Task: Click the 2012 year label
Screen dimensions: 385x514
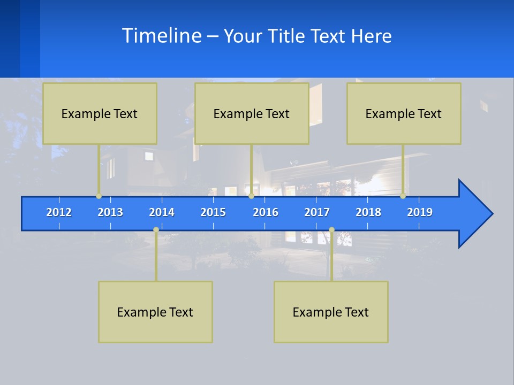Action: point(59,212)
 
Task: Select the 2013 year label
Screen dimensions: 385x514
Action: point(110,212)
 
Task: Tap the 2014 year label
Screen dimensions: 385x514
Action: point(162,212)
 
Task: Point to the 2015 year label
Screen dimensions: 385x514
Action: point(213,212)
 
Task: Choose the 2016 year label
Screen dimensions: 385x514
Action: point(266,212)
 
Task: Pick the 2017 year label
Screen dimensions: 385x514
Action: point(317,212)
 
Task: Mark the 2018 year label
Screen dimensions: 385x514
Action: point(368,212)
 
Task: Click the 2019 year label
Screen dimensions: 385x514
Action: point(420,212)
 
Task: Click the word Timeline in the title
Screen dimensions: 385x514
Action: point(161,35)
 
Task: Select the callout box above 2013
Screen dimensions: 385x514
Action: point(100,113)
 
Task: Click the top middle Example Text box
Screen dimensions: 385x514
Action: point(252,113)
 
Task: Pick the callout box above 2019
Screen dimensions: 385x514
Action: point(404,113)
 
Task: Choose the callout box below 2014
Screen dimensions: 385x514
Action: point(155,312)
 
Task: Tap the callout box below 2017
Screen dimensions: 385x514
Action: point(331,312)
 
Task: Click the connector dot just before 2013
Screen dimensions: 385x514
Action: point(99,196)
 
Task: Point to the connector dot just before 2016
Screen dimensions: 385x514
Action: point(251,196)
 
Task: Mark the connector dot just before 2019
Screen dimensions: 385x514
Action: point(403,196)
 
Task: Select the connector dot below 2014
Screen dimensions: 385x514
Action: point(156,230)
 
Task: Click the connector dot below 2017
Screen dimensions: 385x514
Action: point(331,230)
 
